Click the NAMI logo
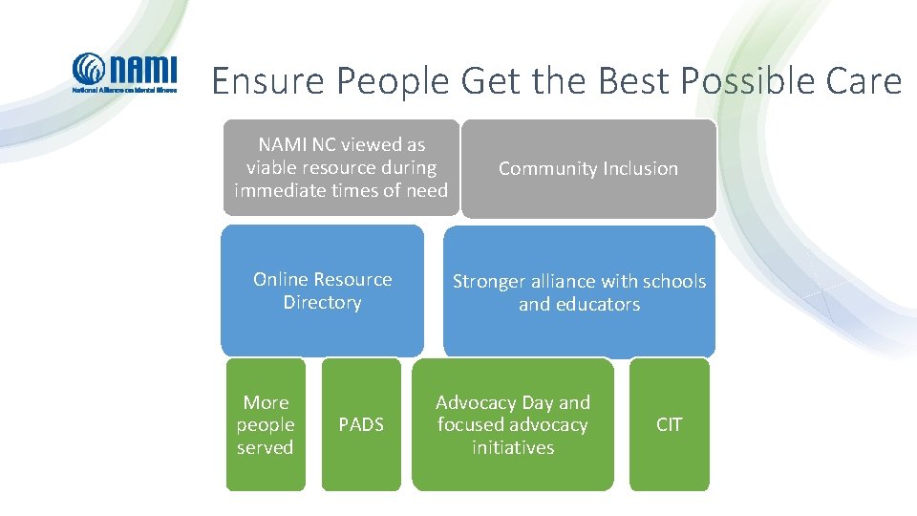pyautogui.click(x=124, y=74)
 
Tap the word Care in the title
pyautogui.click(x=859, y=82)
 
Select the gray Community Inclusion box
pyautogui.click(x=587, y=169)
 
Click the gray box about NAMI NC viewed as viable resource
pyautogui.click(x=341, y=168)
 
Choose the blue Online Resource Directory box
pyautogui.click(x=322, y=290)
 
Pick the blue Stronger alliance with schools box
pyautogui.click(x=579, y=292)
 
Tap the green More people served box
pyautogui.click(x=266, y=424)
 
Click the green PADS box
pyautogui.click(x=361, y=424)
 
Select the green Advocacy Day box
pyautogui.click(x=513, y=424)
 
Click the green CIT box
pyautogui.click(x=670, y=424)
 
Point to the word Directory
pyautogui.click(x=322, y=303)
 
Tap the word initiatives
pyautogui.click(x=513, y=447)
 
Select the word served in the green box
pyautogui.click(x=266, y=447)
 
